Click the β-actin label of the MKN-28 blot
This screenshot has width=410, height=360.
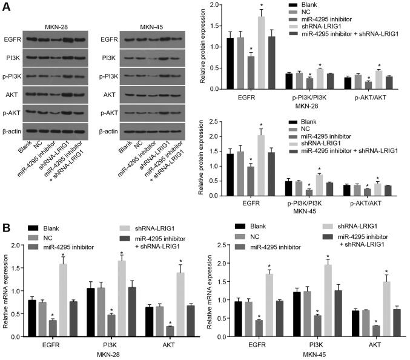point(15,130)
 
